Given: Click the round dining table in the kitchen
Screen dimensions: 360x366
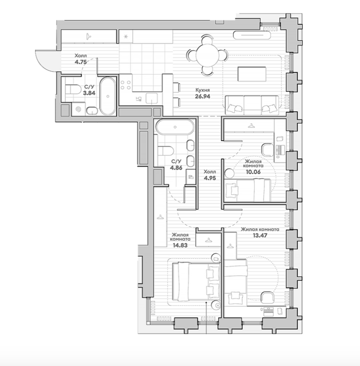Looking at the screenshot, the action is pyautogui.click(x=207, y=55).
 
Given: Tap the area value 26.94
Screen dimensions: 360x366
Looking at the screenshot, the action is pyautogui.click(x=203, y=96).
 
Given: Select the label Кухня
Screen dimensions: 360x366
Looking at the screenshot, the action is pyautogui.click(x=203, y=90).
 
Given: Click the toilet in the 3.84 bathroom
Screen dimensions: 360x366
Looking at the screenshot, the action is pyautogui.click(x=73, y=89).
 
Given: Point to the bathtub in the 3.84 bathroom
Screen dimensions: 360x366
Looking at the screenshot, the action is pyautogui.click(x=108, y=96).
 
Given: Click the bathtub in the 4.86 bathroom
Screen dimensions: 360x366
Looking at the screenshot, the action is pyautogui.click(x=175, y=127).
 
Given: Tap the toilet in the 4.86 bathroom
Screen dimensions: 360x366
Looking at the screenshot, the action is pyautogui.click(x=165, y=151).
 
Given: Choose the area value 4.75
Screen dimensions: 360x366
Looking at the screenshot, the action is pyautogui.click(x=81, y=62).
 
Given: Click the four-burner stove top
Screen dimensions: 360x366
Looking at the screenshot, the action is pyautogui.click(x=126, y=85).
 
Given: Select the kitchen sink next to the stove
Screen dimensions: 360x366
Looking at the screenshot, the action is pyautogui.click(x=152, y=98).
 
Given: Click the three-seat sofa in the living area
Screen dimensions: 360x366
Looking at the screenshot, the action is pyautogui.click(x=252, y=105).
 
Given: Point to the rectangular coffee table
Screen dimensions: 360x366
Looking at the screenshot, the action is pyautogui.click(x=252, y=74).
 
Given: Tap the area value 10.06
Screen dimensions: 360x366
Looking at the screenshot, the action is pyautogui.click(x=253, y=172).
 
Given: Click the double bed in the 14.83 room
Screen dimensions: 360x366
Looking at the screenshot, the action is pyautogui.click(x=196, y=281).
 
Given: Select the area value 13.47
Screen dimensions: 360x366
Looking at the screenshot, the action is pyautogui.click(x=260, y=235).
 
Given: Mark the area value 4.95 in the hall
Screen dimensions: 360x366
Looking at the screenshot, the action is pyautogui.click(x=210, y=178).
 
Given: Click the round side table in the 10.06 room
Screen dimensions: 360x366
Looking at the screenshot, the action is pyautogui.click(x=229, y=174).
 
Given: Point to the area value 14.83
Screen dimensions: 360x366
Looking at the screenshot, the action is pyautogui.click(x=180, y=245).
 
